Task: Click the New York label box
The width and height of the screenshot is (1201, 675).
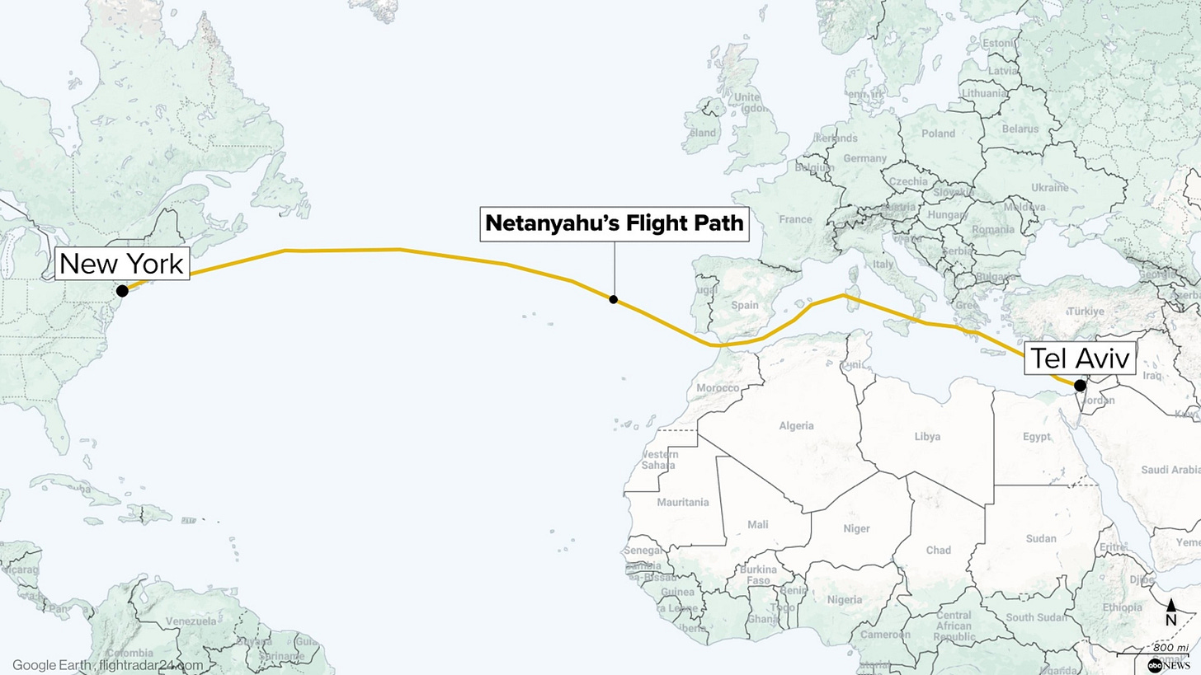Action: click(122, 264)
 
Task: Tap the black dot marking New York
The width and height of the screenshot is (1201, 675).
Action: click(122, 291)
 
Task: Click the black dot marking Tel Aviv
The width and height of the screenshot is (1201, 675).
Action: click(1080, 385)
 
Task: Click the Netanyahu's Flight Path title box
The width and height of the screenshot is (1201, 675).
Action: click(615, 223)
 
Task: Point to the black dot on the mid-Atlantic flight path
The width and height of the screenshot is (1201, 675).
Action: click(614, 299)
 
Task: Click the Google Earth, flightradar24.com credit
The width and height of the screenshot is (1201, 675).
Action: click(107, 664)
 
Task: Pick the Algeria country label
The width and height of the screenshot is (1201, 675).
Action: click(796, 426)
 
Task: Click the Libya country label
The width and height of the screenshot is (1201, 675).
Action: click(927, 437)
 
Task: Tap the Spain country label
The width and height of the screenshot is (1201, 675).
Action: click(744, 305)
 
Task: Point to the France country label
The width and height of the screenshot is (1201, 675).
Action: click(795, 219)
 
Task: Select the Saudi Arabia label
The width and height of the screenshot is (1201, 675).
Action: click(1170, 470)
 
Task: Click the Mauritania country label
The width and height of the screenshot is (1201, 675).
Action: click(683, 502)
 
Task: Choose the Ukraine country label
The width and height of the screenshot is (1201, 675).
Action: click(1050, 187)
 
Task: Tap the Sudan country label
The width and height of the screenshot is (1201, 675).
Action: click(1041, 539)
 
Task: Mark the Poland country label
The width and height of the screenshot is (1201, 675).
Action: click(938, 134)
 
